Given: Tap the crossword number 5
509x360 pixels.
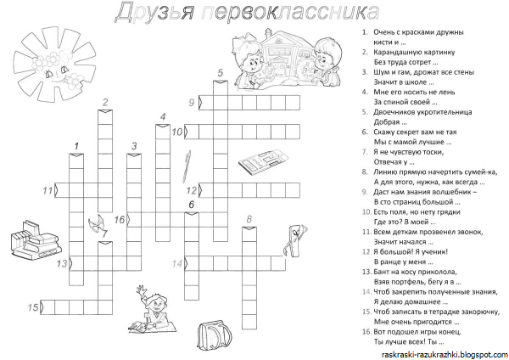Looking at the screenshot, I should coord(220,73).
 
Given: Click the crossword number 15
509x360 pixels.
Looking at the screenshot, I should coord(33,307).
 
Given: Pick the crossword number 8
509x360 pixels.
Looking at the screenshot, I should coord(249,220).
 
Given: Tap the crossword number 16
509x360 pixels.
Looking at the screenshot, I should coord(120,219).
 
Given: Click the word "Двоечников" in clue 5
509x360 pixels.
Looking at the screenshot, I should coord(393,112).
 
